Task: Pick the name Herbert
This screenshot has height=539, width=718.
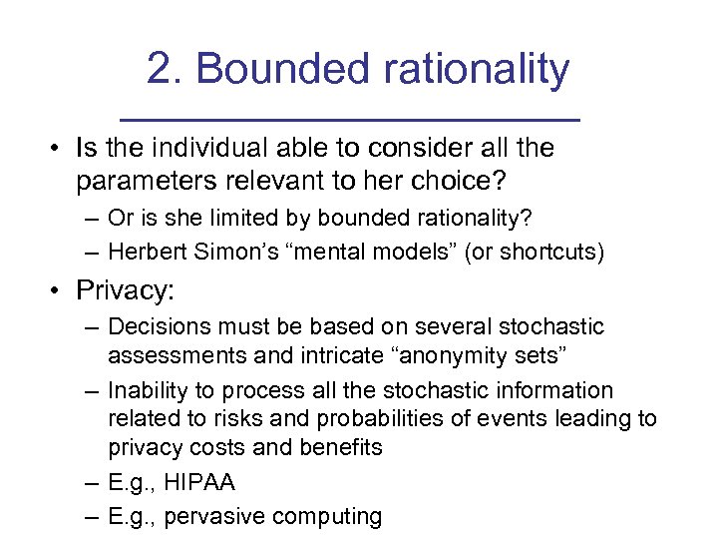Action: click(x=144, y=252)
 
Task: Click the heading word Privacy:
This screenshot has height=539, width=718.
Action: click(x=125, y=292)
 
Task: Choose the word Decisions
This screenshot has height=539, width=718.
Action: click(x=156, y=327)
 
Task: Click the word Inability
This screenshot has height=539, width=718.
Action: click(x=143, y=390)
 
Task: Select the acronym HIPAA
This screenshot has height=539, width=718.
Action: click(x=198, y=483)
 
